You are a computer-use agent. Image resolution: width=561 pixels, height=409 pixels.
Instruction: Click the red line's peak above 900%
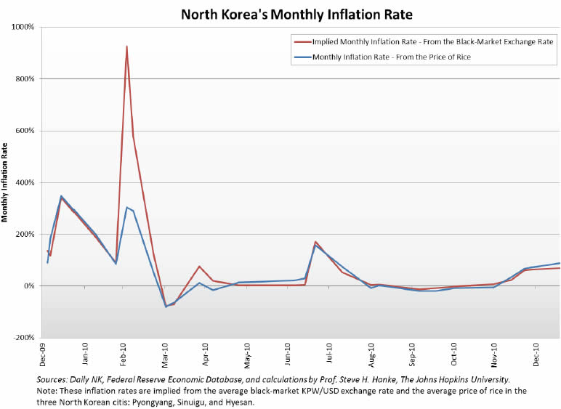(x=127, y=46)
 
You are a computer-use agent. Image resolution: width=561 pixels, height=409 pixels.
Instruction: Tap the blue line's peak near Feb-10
(x=126, y=208)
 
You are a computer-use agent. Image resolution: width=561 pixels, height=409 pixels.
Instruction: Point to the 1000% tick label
(x=24, y=27)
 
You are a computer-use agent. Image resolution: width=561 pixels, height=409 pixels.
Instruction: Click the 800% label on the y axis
(x=25, y=78)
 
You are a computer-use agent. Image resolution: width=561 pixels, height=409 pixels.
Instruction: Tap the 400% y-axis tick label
(x=25, y=182)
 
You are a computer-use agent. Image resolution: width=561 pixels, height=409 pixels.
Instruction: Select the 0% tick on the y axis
(x=30, y=286)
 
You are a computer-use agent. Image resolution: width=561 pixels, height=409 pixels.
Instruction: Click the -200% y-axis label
(x=24, y=338)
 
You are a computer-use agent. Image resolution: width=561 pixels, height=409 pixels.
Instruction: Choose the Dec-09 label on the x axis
(x=44, y=355)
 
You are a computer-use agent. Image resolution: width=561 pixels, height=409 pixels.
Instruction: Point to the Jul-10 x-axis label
(x=330, y=355)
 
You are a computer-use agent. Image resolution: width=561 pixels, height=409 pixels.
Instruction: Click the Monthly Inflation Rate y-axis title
(x=7, y=182)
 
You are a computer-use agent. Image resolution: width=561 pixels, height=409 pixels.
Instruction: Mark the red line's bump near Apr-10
(x=199, y=267)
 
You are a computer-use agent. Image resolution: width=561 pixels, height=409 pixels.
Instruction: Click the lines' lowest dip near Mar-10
(x=166, y=306)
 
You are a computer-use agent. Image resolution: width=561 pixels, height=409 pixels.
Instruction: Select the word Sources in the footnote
(x=54, y=379)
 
